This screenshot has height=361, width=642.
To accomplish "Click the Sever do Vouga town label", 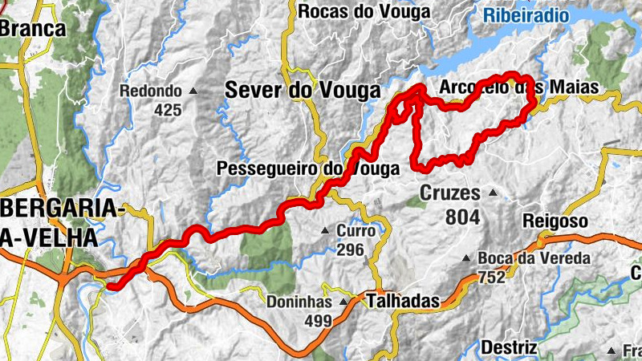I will (x=303, y=91).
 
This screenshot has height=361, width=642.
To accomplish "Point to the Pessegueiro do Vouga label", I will (x=308, y=169).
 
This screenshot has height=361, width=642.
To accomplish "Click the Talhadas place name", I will (x=403, y=302).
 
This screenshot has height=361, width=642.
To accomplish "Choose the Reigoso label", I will (x=555, y=221).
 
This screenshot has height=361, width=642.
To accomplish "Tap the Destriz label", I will (x=509, y=347).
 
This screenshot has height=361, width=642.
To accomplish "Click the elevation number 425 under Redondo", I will (x=167, y=110).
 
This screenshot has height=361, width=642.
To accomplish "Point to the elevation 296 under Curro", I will (x=350, y=249).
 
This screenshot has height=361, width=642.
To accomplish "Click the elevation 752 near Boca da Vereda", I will (x=491, y=278).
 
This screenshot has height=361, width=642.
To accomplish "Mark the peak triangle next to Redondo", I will (x=193, y=91).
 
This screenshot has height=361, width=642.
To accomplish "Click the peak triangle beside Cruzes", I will (x=493, y=193).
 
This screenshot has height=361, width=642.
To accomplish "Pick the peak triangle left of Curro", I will (x=325, y=232).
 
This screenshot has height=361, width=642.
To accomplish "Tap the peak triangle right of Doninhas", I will (x=344, y=302).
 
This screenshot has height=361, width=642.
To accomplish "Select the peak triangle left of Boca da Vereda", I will (x=466, y=258).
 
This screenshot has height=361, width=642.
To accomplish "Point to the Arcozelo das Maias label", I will (x=521, y=87).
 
